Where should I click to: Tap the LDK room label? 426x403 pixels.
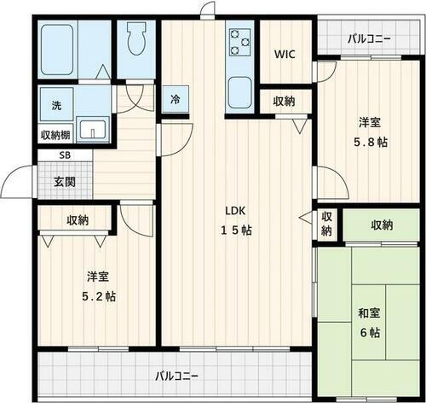click(235, 211)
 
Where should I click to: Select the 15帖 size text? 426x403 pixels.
click(236, 230)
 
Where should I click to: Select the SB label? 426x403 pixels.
click(65, 155)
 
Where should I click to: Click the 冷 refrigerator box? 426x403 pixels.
click(176, 99)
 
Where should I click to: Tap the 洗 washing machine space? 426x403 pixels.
click(56, 106)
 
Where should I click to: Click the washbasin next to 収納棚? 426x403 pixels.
click(91, 130)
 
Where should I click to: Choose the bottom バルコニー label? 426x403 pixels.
click(177, 377)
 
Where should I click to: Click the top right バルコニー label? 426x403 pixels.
click(370, 38)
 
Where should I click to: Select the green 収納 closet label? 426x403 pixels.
click(382, 225)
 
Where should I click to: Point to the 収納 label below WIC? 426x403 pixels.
click(285, 102)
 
